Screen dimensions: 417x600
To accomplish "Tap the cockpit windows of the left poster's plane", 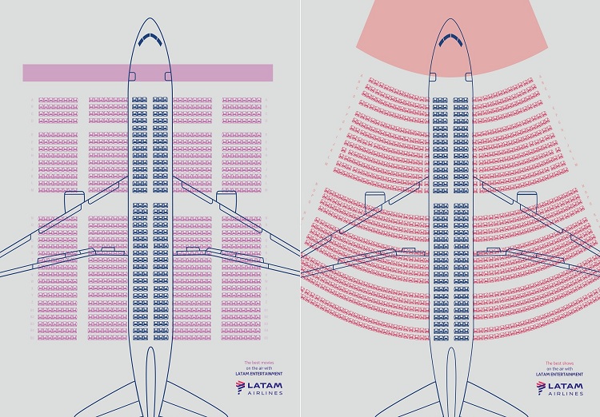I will coord(150,37).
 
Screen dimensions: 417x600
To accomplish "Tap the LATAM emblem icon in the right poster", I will coord(542,388).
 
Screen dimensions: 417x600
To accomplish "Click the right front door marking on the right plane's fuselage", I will coord(469,76).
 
